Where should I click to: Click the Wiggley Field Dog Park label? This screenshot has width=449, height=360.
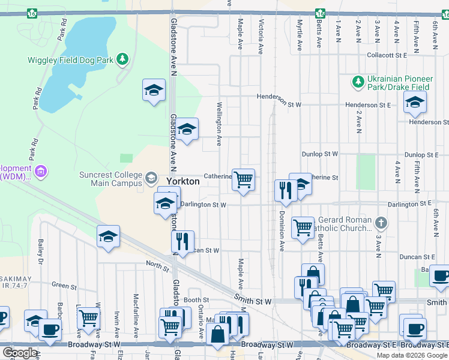[x=71, y=59]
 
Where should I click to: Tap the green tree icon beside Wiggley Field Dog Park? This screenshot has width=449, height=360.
[x=122, y=59]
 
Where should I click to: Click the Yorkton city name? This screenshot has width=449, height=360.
[x=182, y=179]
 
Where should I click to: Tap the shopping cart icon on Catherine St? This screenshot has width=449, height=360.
[x=243, y=179]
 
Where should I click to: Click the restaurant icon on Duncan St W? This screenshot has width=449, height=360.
[x=183, y=241]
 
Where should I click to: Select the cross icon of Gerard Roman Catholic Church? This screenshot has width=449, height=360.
[x=380, y=223]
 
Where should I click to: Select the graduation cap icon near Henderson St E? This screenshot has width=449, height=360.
[x=414, y=103]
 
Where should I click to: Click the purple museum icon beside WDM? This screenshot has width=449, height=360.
[x=40, y=172]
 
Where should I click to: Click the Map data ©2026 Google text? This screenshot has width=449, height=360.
[x=411, y=355]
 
